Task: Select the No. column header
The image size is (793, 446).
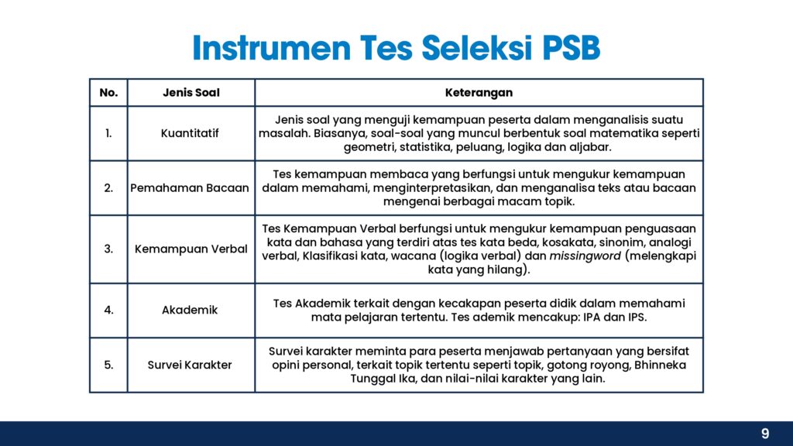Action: pos(108,93)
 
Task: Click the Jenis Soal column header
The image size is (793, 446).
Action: pos(191,93)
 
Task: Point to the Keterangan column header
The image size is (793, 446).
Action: pos(479,93)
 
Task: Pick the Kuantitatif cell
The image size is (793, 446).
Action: pos(190,133)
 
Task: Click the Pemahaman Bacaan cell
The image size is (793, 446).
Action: pos(190,188)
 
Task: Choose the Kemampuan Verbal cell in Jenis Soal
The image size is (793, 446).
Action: pos(191,249)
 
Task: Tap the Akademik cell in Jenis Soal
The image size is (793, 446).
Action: pos(190,310)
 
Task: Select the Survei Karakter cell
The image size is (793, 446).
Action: pos(190,365)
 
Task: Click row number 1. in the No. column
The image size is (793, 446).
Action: pos(108,133)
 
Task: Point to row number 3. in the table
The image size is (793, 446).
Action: pos(108,249)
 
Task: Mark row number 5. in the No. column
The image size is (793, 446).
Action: pos(108,365)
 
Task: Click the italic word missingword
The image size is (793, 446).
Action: pos(585,256)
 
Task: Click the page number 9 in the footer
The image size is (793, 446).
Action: pos(765,434)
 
